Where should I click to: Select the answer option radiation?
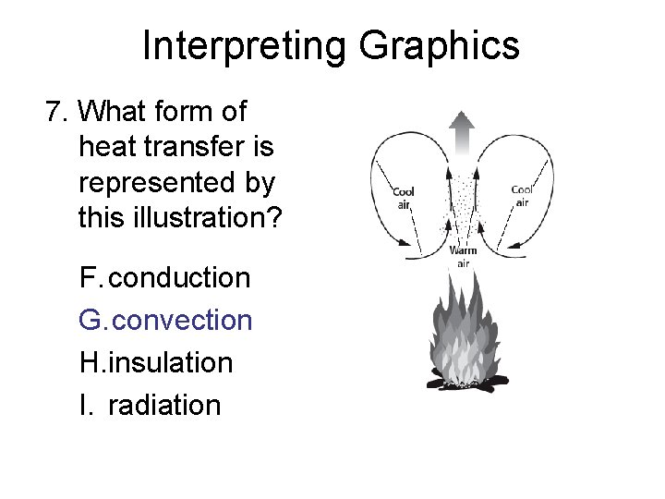tap(164, 405)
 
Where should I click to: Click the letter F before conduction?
tap(90, 277)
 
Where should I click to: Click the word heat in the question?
tap(104, 147)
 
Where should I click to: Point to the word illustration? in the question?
tap(211, 217)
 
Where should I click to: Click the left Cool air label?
tap(404, 198)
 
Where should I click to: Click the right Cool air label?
tap(522, 196)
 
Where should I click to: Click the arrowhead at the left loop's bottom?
tap(405, 243)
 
